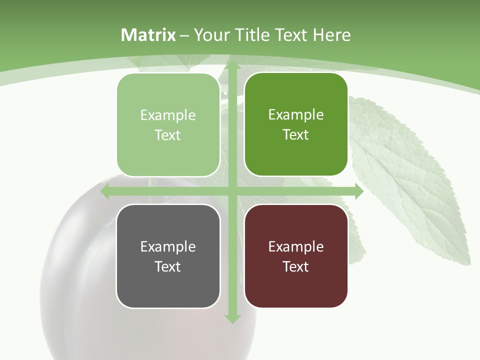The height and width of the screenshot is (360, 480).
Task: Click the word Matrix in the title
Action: tap(148, 35)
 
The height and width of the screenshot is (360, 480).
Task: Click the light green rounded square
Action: tap(168, 125)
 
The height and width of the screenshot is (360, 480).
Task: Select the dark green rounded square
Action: tap(296, 124)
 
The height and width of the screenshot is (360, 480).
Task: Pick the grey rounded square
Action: tap(168, 256)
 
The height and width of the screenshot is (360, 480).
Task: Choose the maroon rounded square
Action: tap(296, 256)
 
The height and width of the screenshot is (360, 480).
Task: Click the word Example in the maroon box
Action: tap(296, 246)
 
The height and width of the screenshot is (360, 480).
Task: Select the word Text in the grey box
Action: tap(168, 266)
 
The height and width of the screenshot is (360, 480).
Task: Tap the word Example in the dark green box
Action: tap(296, 114)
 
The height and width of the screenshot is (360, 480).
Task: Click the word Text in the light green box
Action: tap(168, 135)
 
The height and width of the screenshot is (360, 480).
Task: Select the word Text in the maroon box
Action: tap(296, 266)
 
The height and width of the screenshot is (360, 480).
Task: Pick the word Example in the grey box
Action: tap(168, 246)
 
